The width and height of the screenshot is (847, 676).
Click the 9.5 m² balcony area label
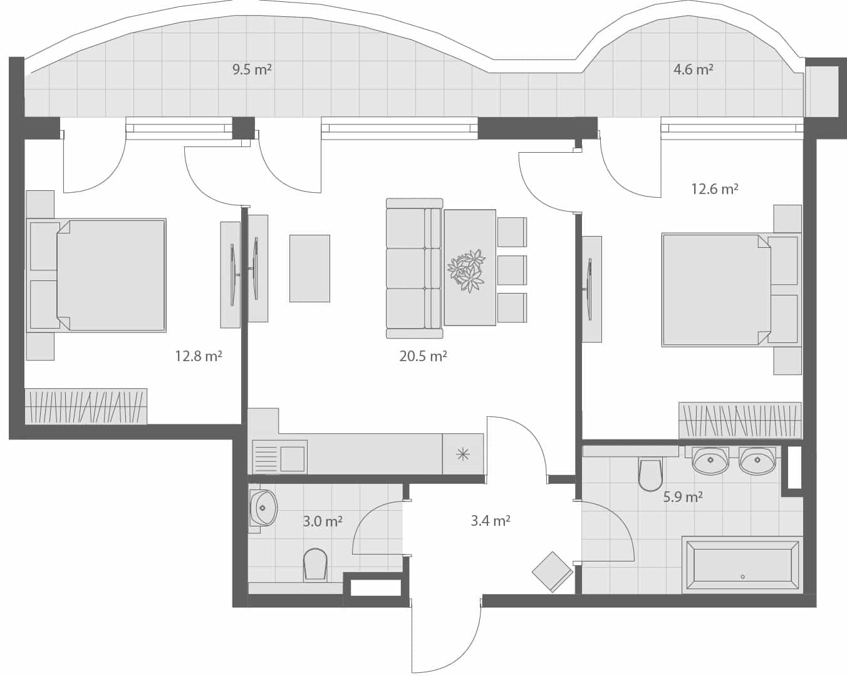tap(252, 69)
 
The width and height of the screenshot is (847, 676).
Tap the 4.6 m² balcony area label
tap(693, 69)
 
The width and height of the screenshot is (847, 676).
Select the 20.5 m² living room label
tap(423, 356)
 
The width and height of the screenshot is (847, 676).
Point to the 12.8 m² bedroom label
tap(199, 356)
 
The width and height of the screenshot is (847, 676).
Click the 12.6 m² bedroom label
tap(714, 188)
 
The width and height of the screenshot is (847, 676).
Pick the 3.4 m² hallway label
tap(490, 520)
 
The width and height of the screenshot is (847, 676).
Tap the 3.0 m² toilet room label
tap(322, 521)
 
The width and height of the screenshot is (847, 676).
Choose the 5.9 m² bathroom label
tap(683, 497)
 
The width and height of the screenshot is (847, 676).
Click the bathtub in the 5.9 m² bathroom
tap(742, 565)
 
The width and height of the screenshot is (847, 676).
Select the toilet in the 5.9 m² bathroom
tap(650, 475)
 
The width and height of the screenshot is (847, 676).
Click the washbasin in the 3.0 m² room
tap(263, 508)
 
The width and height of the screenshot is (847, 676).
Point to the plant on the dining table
tap(466, 270)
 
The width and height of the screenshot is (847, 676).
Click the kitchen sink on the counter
tap(279, 456)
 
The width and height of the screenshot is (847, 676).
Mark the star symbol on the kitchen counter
tap(462, 454)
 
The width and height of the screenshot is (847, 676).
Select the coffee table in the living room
tap(309, 269)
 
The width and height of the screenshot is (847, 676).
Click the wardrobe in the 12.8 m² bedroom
tap(86, 406)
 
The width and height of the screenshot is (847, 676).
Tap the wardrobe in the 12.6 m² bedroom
tap(740, 420)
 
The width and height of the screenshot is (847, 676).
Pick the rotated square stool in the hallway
tap(552, 571)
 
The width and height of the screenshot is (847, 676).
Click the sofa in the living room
tap(413, 264)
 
